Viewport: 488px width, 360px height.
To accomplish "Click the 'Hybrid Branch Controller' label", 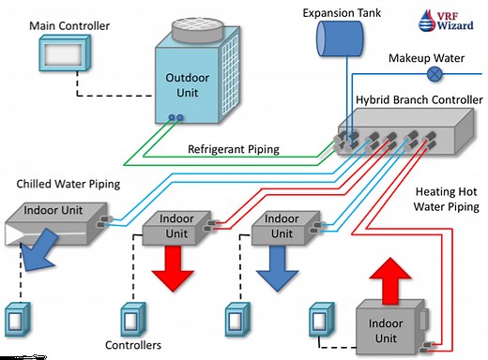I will click(x=419, y=99).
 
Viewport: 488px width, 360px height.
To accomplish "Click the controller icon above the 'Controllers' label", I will click(x=131, y=317).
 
